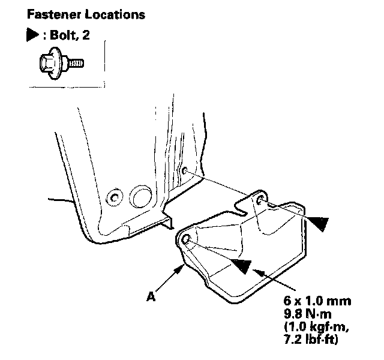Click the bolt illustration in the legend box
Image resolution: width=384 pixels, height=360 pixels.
58,62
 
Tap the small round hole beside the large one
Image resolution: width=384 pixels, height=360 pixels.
112,197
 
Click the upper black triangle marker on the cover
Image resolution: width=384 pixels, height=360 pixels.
318,223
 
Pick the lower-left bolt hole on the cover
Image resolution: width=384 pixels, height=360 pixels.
185,241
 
